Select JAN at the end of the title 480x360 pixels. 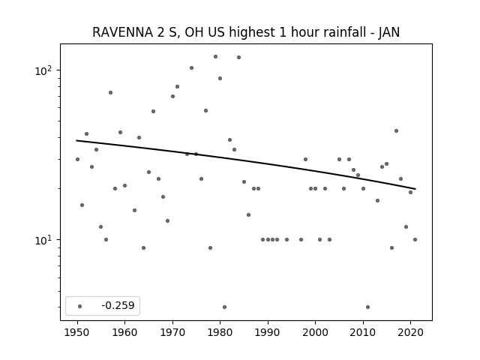388,32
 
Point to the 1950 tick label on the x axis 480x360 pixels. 77,332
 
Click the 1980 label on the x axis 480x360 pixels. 220,332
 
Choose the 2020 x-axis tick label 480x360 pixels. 410,332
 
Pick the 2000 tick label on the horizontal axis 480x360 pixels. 315,332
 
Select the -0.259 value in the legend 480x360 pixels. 118,305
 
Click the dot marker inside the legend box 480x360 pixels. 80,306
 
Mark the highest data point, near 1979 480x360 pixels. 215,57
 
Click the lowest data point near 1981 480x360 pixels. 225,307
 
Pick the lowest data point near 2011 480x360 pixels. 368,307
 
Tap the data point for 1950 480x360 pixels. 77,159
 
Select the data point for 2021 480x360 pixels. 415,239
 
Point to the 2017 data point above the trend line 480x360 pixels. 397,130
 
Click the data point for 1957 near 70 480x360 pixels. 110,92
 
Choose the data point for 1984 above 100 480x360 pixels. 238,57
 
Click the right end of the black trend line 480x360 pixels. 415,189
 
